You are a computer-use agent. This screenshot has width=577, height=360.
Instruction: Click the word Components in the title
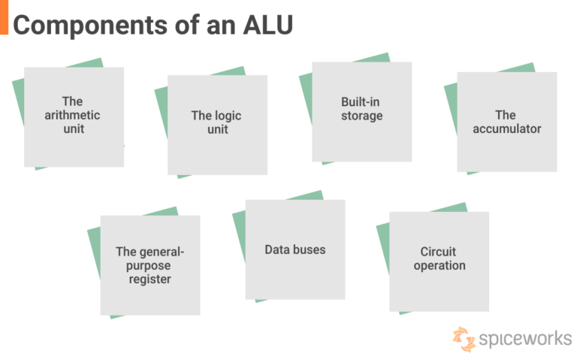click(86, 24)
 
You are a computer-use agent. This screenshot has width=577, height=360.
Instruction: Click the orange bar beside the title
click(4, 17)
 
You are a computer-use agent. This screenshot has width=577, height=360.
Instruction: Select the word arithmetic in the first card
click(73, 115)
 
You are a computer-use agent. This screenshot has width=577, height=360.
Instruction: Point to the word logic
click(228, 116)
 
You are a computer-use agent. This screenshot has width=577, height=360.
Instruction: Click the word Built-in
click(361, 101)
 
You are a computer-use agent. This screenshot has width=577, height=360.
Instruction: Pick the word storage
click(361, 116)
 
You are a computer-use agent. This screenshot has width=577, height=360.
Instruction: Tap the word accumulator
click(506, 129)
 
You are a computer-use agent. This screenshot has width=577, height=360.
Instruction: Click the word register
click(150, 280)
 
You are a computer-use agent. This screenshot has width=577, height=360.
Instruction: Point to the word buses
click(310, 249)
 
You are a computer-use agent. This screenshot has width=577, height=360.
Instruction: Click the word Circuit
click(439, 252)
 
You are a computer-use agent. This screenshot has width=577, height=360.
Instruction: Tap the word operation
click(439, 265)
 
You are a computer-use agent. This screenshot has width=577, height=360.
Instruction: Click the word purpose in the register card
click(150, 266)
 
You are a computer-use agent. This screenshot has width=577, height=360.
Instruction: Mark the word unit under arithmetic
click(73, 129)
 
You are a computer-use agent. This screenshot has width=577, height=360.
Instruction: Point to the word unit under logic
click(218, 129)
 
